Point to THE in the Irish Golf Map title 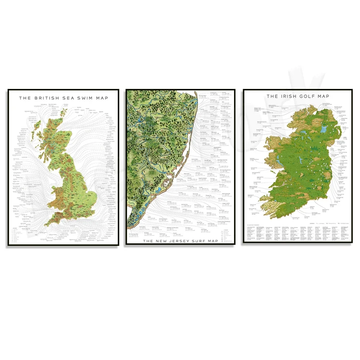tap(272, 96)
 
